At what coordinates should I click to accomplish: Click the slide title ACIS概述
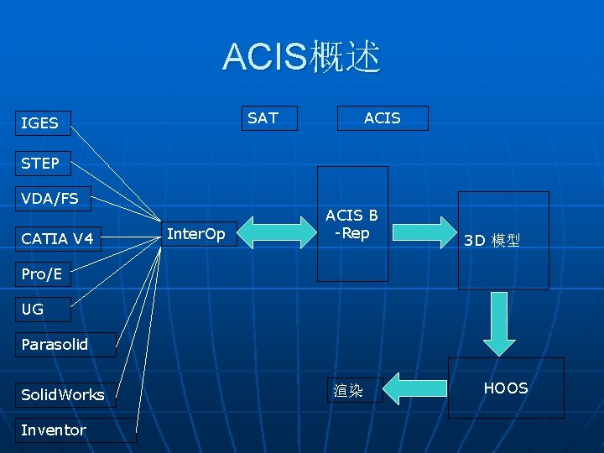[301, 57]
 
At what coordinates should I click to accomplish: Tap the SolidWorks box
[65, 394]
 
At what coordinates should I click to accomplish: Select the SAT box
[268, 118]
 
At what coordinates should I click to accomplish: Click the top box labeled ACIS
[382, 118]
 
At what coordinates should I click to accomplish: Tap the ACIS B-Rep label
[352, 224]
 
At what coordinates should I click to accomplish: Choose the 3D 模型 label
[492, 241]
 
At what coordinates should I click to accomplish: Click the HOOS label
[506, 388]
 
